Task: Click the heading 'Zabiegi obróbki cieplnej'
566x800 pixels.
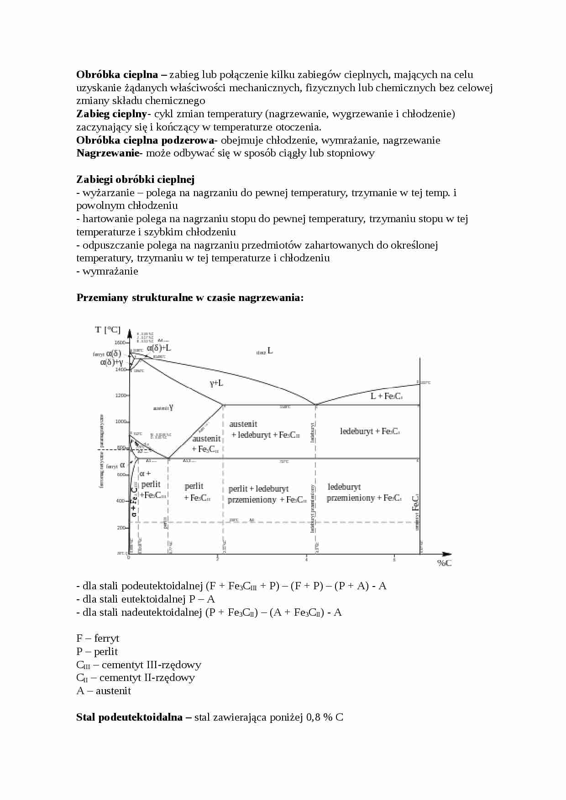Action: coord(136,179)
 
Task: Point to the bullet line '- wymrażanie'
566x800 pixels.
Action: coord(107,271)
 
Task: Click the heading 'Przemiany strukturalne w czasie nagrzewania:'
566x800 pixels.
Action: coord(190,297)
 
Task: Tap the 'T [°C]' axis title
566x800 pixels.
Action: coord(108,329)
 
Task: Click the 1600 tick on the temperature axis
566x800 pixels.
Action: coord(120,342)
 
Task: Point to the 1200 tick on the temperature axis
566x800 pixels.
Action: coord(121,395)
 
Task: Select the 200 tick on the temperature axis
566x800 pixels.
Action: coord(121,527)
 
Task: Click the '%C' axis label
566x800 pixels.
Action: coord(444,563)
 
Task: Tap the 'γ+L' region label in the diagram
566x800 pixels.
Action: coord(216,383)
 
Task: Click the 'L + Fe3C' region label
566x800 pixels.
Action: coord(386,396)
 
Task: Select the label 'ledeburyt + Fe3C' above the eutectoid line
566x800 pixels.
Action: coord(370,431)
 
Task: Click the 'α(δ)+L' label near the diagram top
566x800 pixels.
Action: coord(159,348)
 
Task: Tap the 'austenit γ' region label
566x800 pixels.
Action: coord(163,408)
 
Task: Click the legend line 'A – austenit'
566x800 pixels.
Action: coord(104,691)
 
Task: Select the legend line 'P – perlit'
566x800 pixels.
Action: coord(97,651)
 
